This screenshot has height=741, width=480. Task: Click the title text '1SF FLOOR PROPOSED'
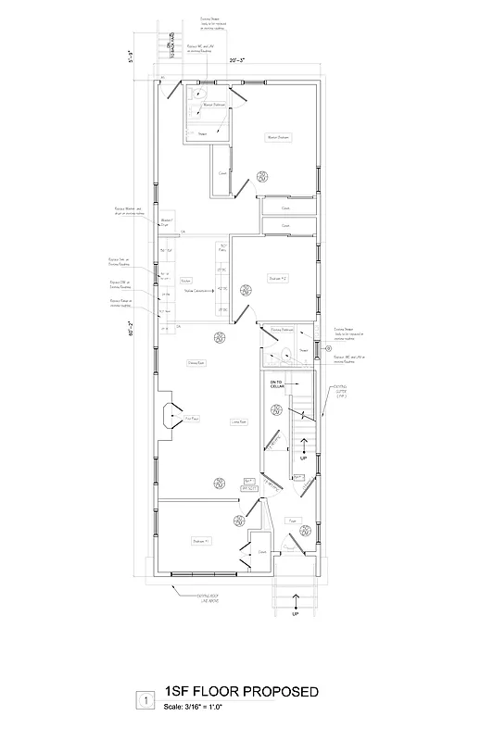[x=241, y=692]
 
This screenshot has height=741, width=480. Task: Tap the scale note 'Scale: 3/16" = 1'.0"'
[x=196, y=707]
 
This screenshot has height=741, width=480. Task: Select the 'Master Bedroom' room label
[x=279, y=137]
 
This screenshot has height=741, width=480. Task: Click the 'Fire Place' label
[x=192, y=419]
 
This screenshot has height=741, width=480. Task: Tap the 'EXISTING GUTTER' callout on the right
[x=340, y=392]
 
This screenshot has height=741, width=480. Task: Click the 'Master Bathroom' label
[x=214, y=106]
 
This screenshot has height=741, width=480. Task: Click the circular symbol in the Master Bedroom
[x=263, y=175]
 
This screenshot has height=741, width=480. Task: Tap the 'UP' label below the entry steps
[x=296, y=614]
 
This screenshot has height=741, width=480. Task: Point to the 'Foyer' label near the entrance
[x=291, y=521]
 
